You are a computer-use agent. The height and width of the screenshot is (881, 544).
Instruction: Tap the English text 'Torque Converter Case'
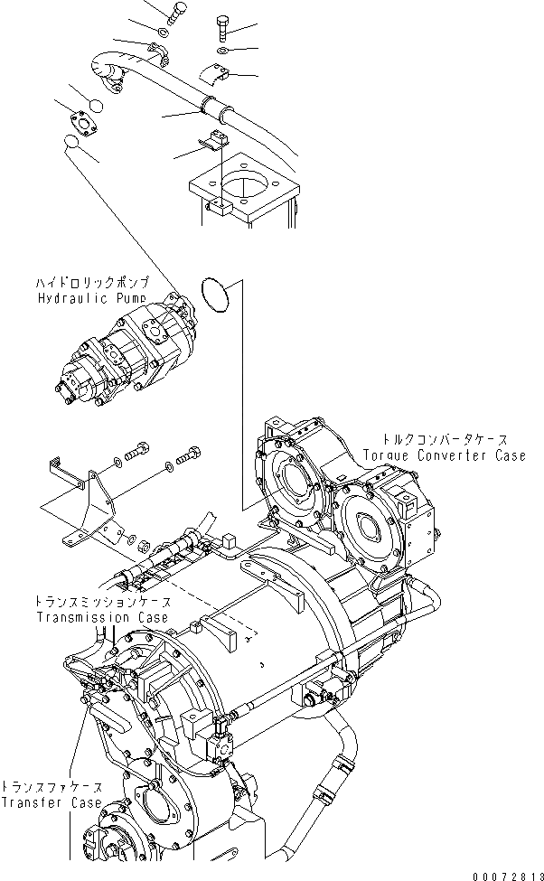click(444, 456)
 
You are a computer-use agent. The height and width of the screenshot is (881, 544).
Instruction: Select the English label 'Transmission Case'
click(102, 617)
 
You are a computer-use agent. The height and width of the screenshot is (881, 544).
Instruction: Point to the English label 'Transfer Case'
click(46, 802)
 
